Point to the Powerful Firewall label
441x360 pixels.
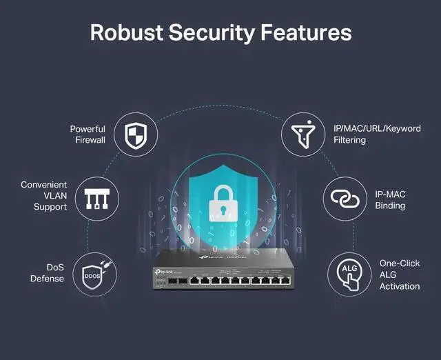click(88, 134)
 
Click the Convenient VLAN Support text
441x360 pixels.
click(44, 196)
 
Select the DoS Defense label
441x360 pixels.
click(47, 272)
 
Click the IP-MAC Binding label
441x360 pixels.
click(389, 199)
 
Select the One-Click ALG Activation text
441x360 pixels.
click(399, 274)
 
